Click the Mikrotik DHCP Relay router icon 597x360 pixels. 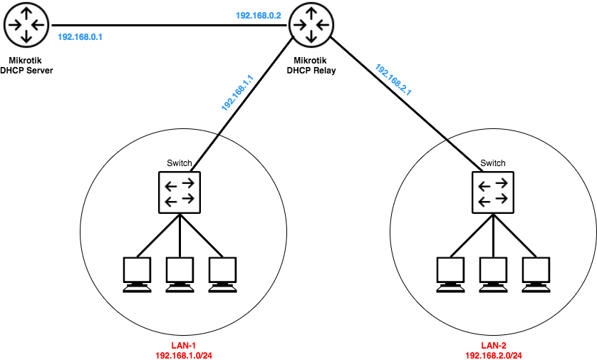point(311,25)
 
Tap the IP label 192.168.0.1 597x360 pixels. point(80,37)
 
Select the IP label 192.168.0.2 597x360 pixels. point(259,15)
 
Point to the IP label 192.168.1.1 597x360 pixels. point(237,93)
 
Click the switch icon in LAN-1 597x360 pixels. point(180,192)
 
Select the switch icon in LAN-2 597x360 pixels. point(492,192)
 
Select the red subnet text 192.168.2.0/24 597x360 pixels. point(494,354)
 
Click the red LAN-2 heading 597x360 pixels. point(494,344)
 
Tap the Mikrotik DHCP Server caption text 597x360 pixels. point(27,66)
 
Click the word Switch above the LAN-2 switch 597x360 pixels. point(492,163)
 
